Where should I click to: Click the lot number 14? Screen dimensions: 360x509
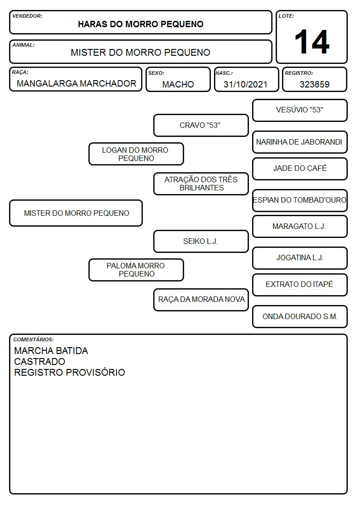312,42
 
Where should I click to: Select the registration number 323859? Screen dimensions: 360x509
315,84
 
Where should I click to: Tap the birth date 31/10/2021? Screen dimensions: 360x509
245,84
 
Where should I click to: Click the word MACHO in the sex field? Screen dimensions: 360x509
178,84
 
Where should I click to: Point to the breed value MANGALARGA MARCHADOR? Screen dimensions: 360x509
76,83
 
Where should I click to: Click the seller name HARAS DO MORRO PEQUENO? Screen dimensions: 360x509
141,24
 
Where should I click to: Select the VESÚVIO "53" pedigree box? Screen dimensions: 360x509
300,111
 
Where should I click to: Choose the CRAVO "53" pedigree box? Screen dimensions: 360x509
201,125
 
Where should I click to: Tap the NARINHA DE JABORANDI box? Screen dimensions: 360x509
300,142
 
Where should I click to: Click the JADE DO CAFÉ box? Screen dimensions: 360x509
300,169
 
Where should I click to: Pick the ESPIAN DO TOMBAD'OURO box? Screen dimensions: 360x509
300,201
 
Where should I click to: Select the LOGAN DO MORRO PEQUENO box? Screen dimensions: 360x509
136,154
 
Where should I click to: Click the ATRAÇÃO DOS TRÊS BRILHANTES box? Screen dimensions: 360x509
201,184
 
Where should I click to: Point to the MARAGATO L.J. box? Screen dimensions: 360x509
300,227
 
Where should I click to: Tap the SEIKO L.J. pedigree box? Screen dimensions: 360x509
201,242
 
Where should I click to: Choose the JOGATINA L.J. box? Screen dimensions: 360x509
300,258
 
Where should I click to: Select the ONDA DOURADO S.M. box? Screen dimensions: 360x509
300,317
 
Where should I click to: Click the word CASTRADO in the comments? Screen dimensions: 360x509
39,362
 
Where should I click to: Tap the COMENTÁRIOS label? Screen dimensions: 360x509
34,339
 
